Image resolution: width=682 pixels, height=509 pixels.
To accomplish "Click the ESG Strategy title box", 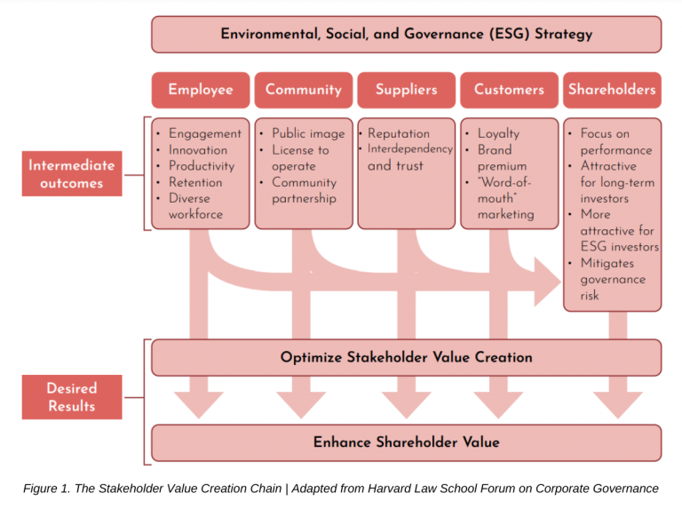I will pyautogui.click(x=406, y=35).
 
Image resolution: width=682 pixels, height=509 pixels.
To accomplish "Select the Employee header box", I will pyautogui.click(x=200, y=90).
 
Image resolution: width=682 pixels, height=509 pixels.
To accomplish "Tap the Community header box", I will pyautogui.click(x=303, y=90).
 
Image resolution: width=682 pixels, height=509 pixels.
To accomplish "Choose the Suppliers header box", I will pyautogui.click(x=406, y=90).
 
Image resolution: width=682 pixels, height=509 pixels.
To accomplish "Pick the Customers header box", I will pyautogui.click(x=509, y=90).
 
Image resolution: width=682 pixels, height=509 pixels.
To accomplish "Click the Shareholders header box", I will pyautogui.click(x=612, y=90).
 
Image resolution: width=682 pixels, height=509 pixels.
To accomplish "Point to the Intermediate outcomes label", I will pyautogui.click(x=71, y=174).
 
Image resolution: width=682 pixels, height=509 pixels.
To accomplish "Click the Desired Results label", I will pyautogui.click(x=71, y=397).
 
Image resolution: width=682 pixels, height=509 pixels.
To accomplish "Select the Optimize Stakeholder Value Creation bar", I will pyautogui.click(x=406, y=357).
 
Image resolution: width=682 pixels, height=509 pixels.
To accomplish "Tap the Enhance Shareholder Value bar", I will pyautogui.click(x=406, y=441).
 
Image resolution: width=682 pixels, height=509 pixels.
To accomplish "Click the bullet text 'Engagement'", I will pyautogui.click(x=204, y=133).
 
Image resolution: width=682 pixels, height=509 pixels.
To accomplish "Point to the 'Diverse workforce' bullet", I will pyautogui.click(x=195, y=206).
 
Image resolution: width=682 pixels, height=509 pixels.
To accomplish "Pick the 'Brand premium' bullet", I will pyautogui.click(x=502, y=157).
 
